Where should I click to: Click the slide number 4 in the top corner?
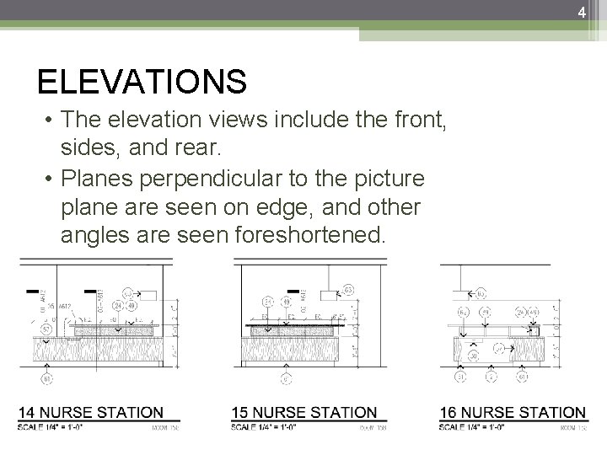581,12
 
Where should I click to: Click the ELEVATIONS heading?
142,83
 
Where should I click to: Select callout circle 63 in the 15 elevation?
348,292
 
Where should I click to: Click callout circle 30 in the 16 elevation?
475,356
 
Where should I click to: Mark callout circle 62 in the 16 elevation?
481,294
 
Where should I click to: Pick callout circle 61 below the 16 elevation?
524,377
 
